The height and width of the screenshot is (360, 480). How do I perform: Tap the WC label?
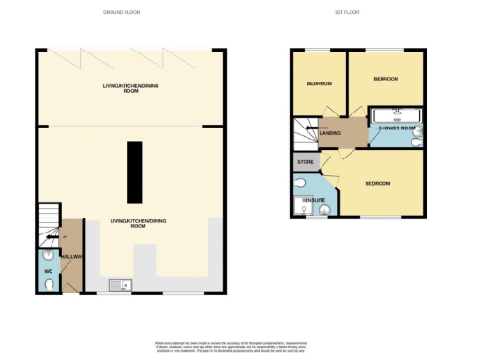point(49,273)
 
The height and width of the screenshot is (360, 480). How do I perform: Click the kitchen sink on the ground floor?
point(122,285)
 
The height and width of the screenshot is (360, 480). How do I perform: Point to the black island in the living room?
point(136,173)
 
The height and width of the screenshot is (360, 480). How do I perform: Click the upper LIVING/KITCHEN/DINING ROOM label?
point(129,90)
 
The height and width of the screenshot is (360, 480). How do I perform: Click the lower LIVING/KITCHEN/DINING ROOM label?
point(129,223)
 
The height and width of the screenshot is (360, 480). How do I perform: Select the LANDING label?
point(330,133)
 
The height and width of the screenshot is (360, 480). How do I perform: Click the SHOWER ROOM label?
point(397,127)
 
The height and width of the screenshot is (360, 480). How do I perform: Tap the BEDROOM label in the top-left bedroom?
point(319,84)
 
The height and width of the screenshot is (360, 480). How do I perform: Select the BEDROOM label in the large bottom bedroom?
point(378,183)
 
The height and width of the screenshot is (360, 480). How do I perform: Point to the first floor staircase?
point(305,134)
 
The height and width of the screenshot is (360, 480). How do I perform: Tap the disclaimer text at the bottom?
point(240,345)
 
